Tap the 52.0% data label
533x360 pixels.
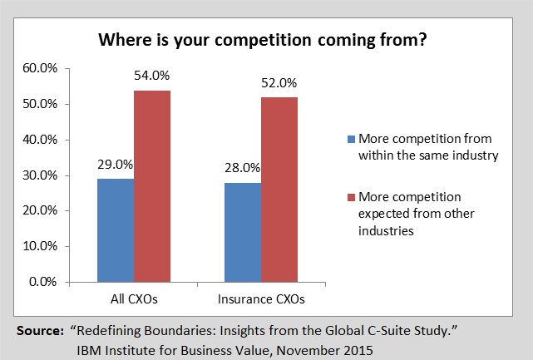click(x=280, y=84)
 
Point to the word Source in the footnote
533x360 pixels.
click(x=39, y=332)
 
